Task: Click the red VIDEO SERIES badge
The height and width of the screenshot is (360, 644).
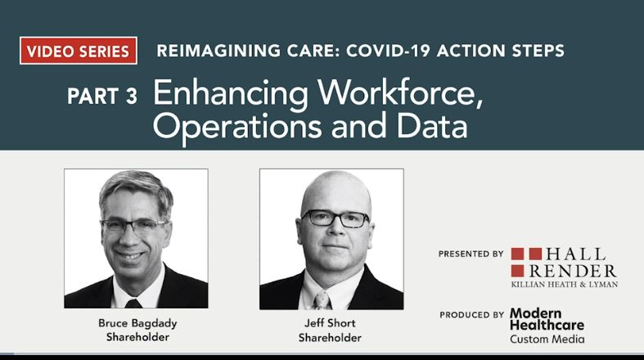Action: click(78, 51)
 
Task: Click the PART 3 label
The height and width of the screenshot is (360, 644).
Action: click(101, 97)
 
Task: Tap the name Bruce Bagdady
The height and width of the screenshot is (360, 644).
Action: click(136, 322)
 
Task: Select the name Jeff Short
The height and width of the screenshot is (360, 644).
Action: click(330, 322)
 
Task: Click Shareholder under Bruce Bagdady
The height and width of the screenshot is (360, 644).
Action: click(136, 337)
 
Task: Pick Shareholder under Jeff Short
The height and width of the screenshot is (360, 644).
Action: click(330, 337)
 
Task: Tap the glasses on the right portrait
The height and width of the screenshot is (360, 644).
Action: click(335, 218)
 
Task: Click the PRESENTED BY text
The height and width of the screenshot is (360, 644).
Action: click(471, 254)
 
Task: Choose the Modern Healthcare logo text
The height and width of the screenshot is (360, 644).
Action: click(547, 319)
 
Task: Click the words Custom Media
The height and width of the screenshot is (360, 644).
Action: click(547, 339)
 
